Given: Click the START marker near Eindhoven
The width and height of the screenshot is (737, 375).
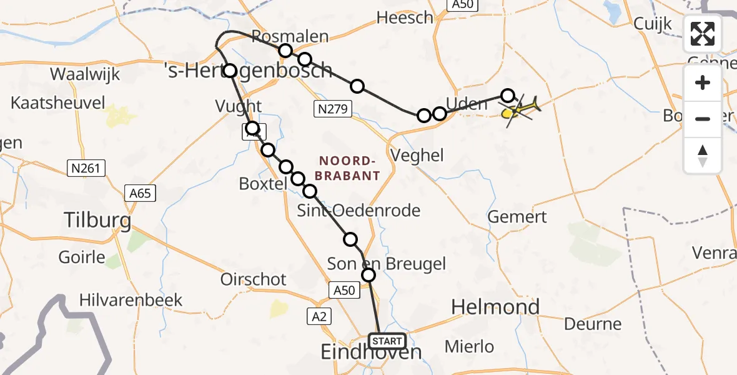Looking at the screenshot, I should [387, 341].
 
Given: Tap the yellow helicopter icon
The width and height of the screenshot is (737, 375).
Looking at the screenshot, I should [520, 111].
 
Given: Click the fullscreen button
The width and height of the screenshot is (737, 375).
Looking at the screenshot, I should [703, 34].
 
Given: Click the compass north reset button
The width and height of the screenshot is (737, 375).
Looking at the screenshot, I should [703, 156].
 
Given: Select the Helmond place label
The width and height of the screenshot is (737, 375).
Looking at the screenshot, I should [495, 307].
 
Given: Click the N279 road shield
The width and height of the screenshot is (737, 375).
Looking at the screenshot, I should [334, 109].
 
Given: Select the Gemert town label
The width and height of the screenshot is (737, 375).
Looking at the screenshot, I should [517, 217].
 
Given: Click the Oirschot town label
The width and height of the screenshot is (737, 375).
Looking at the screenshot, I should [254, 279].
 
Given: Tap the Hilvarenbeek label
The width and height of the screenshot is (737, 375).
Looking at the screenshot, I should [131, 299].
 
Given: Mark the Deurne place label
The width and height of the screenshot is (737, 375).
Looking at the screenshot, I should [593, 324].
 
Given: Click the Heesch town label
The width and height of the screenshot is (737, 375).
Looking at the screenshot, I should [405, 17].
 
